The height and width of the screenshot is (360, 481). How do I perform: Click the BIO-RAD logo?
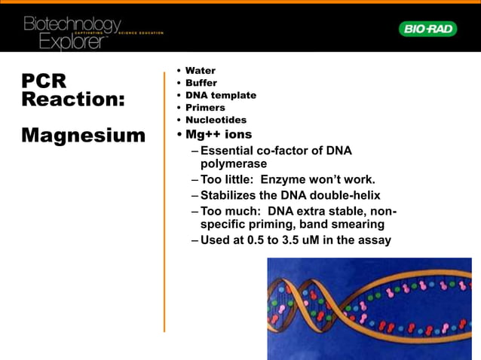[x=427, y=29]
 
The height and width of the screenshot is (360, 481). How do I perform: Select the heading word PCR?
[x=44, y=81]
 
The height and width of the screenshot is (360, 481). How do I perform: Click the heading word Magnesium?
[x=83, y=136]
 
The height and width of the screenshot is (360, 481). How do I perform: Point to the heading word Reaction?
[x=73, y=99]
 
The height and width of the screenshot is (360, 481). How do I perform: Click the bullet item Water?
[x=200, y=71]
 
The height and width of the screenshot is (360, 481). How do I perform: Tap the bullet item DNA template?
[x=220, y=95]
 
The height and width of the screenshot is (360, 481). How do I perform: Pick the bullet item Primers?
[x=205, y=108]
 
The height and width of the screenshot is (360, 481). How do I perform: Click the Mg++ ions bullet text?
[x=219, y=135]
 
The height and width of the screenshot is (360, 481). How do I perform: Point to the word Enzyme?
[x=299, y=179]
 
